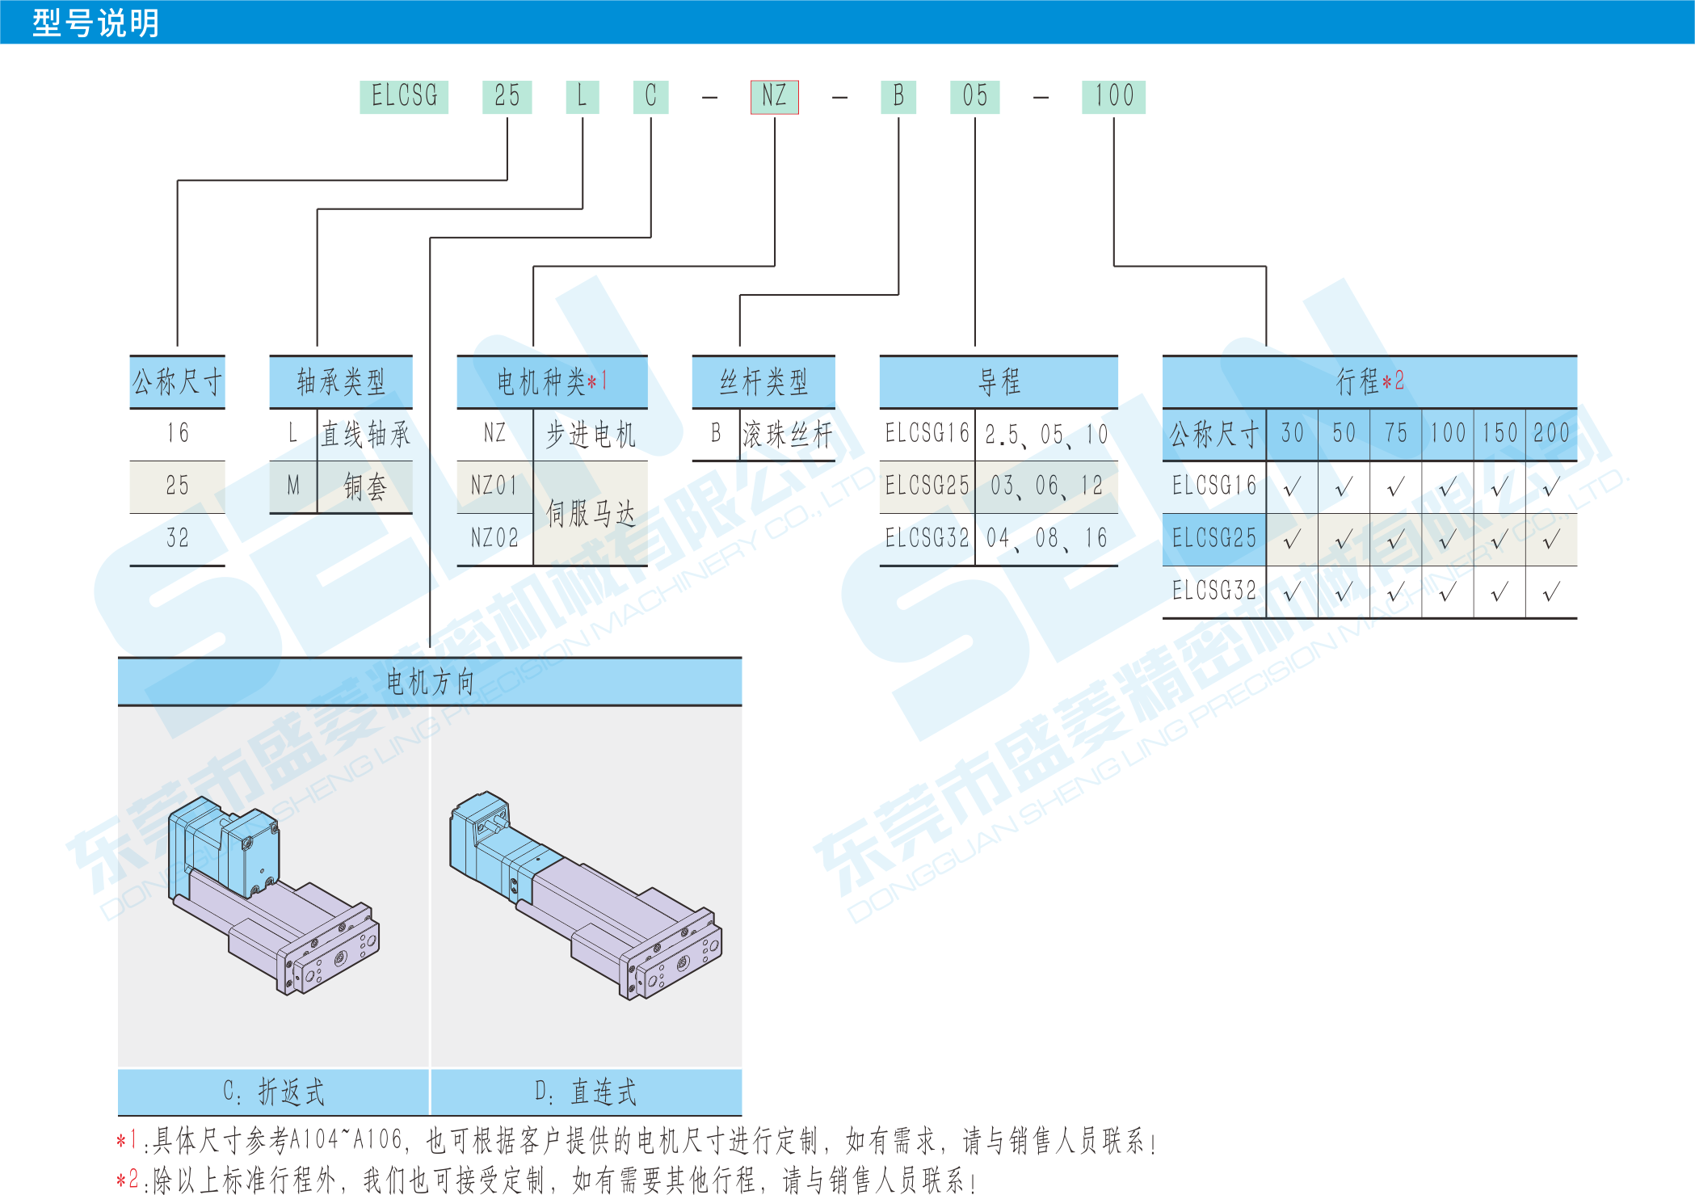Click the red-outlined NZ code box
click(774, 97)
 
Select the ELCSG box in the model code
click(404, 97)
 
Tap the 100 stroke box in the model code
click(1113, 97)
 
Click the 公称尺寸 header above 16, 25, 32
click(177, 381)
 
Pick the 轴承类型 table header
click(341, 381)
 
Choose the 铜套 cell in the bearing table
click(365, 486)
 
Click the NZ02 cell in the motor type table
click(494, 538)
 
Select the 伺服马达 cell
click(591, 513)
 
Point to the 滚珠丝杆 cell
click(787, 435)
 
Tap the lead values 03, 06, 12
click(1046, 486)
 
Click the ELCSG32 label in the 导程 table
click(927, 538)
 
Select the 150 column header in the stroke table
click(1499, 434)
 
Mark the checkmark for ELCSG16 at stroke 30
click(1292, 486)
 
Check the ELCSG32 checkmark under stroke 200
click(1551, 592)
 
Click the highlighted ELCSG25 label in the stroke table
click(1214, 538)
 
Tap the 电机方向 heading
click(430, 682)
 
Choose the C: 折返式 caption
click(274, 1092)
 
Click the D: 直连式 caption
click(586, 1092)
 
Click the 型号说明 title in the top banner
click(95, 23)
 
